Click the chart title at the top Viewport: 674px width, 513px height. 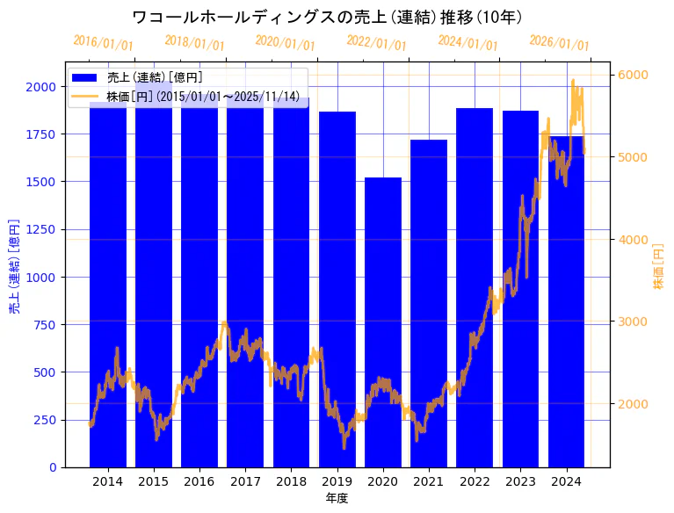click(327, 17)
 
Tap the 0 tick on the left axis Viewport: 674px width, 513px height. click(54, 467)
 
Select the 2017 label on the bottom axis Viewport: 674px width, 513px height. click(245, 481)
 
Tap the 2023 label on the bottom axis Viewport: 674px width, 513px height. click(520, 481)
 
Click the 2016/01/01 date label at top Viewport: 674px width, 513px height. click(104, 43)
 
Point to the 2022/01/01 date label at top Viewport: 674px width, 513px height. click(377, 43)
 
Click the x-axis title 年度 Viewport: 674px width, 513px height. click(337, 498)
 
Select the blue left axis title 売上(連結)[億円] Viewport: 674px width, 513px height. click(14, 267)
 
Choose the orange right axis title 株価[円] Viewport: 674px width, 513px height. click(659, 267)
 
